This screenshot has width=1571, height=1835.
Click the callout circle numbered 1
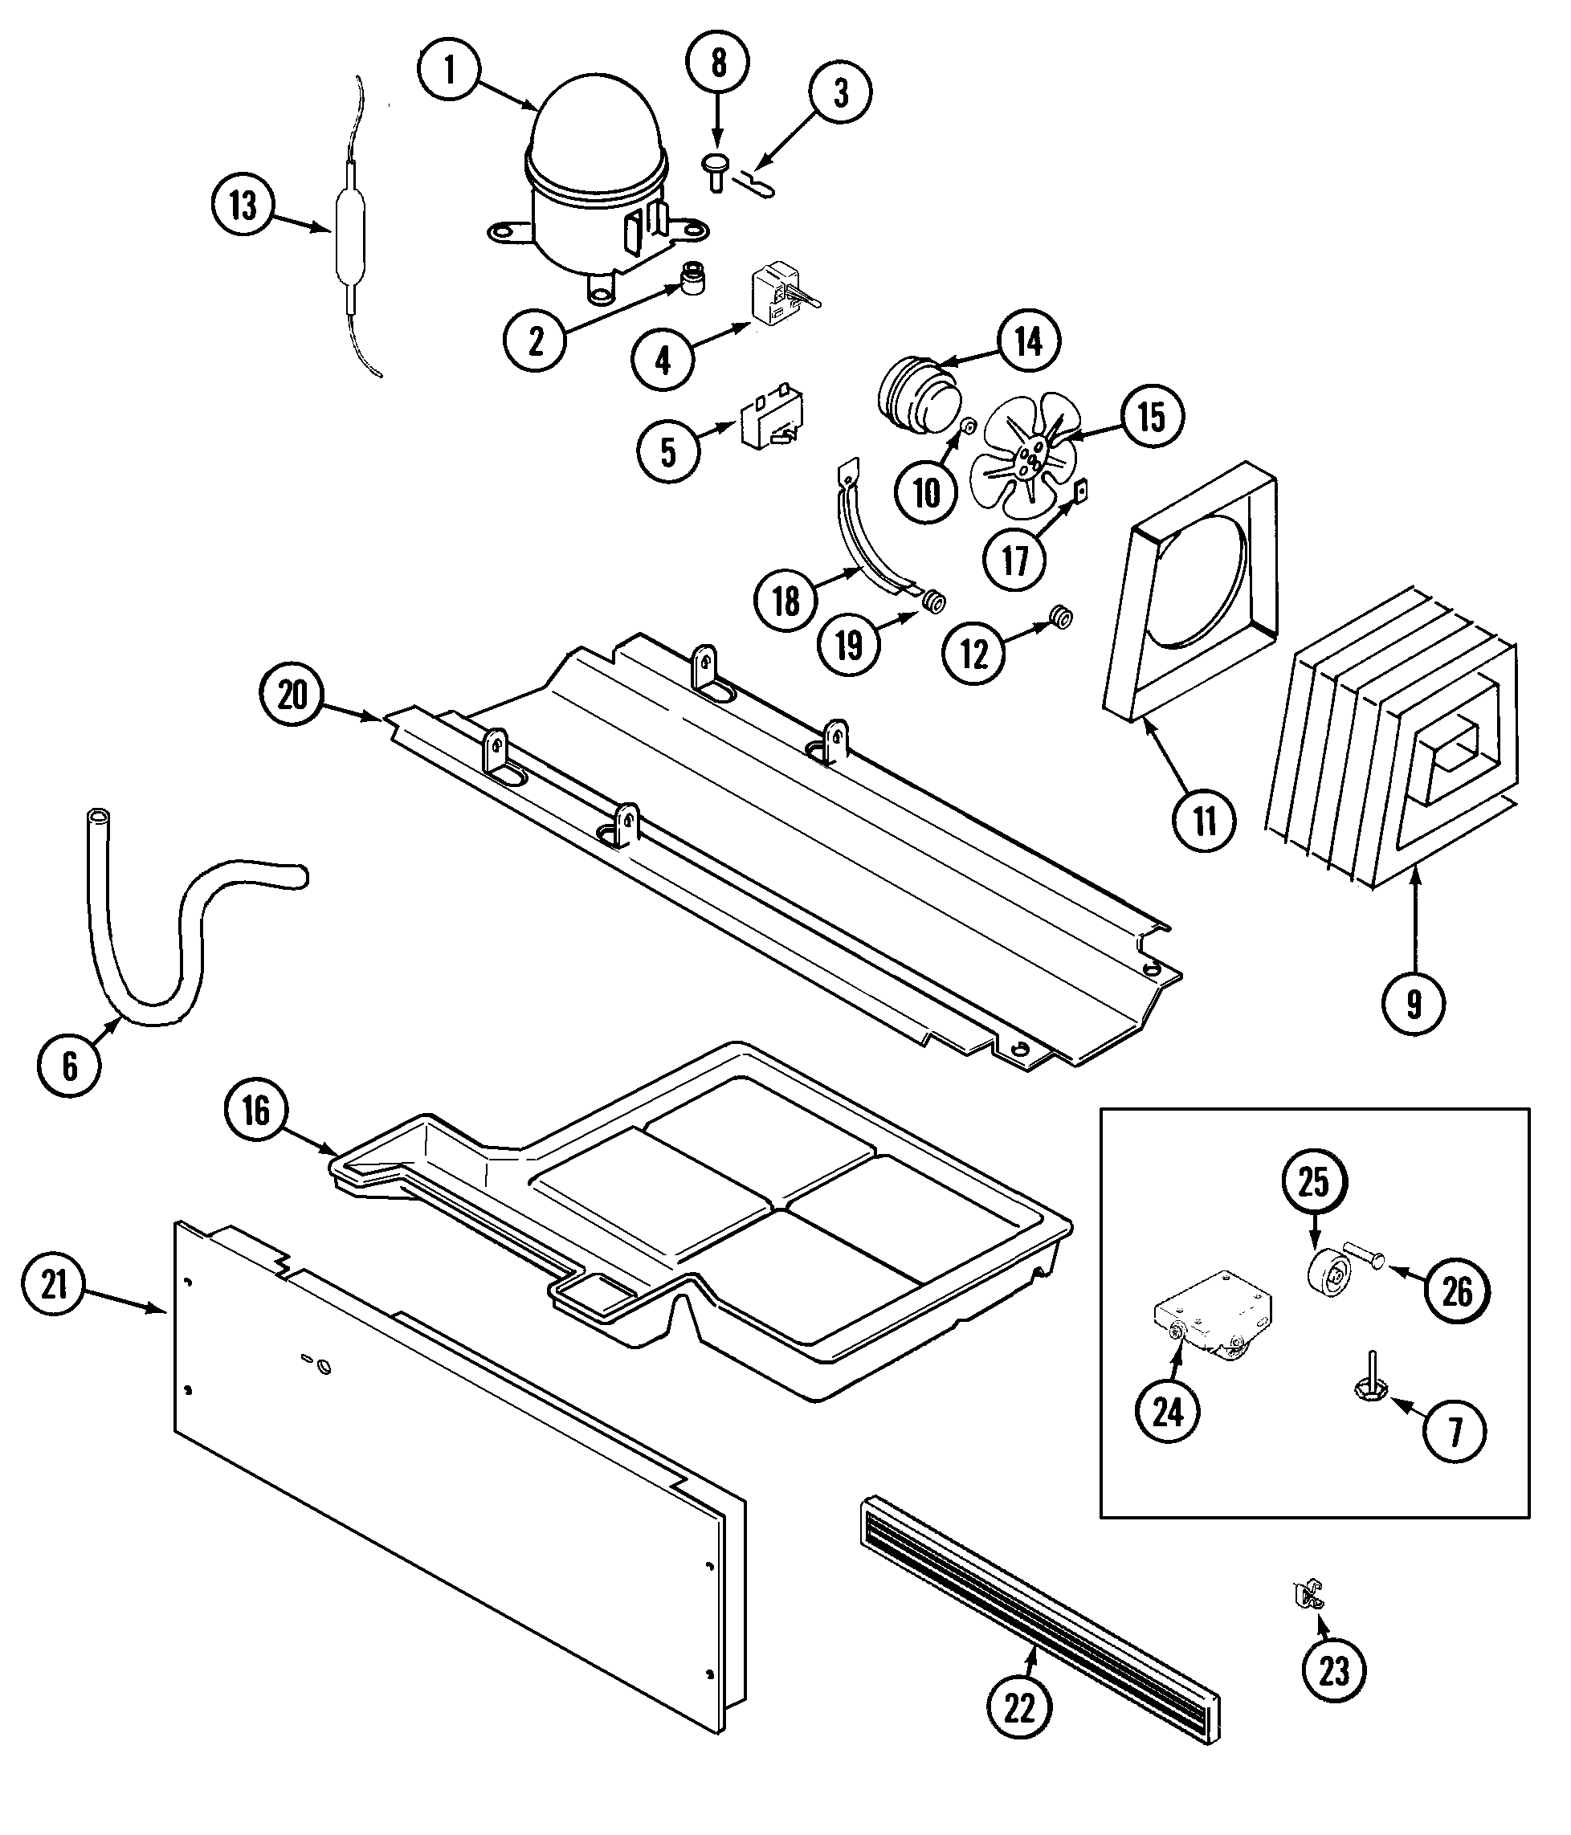click(450, 70)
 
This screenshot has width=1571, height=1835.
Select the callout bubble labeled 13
click(243, 206)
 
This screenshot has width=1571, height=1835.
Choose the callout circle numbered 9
click(1414, 1003)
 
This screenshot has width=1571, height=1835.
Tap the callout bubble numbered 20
click(292, 695)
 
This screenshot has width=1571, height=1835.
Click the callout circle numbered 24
click(1167, 1412)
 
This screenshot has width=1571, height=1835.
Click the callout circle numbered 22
click(1019, 1707)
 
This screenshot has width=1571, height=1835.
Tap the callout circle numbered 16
click(256, 1110)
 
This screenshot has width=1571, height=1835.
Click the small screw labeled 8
click(716, 171)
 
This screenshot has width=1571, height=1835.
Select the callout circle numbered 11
click(1205, 821)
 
